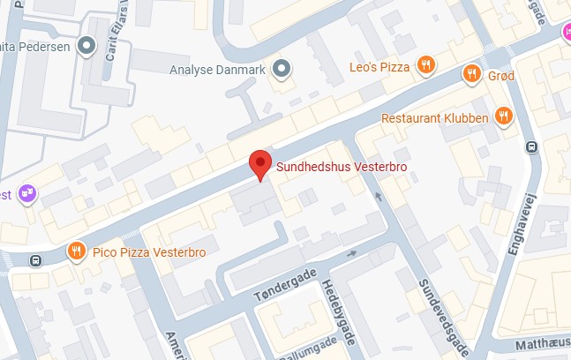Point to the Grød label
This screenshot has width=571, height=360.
coord(500,76)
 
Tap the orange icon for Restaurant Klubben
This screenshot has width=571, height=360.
coord(503,115)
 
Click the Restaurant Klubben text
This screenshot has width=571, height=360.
coord(435,118)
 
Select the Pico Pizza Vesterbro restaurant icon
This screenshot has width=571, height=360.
coord(77,252)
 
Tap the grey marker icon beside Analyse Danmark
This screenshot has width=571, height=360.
coord(282,67)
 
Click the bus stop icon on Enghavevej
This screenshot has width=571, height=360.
coord(531,147)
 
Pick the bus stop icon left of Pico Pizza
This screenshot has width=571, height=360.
coord(35,260)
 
